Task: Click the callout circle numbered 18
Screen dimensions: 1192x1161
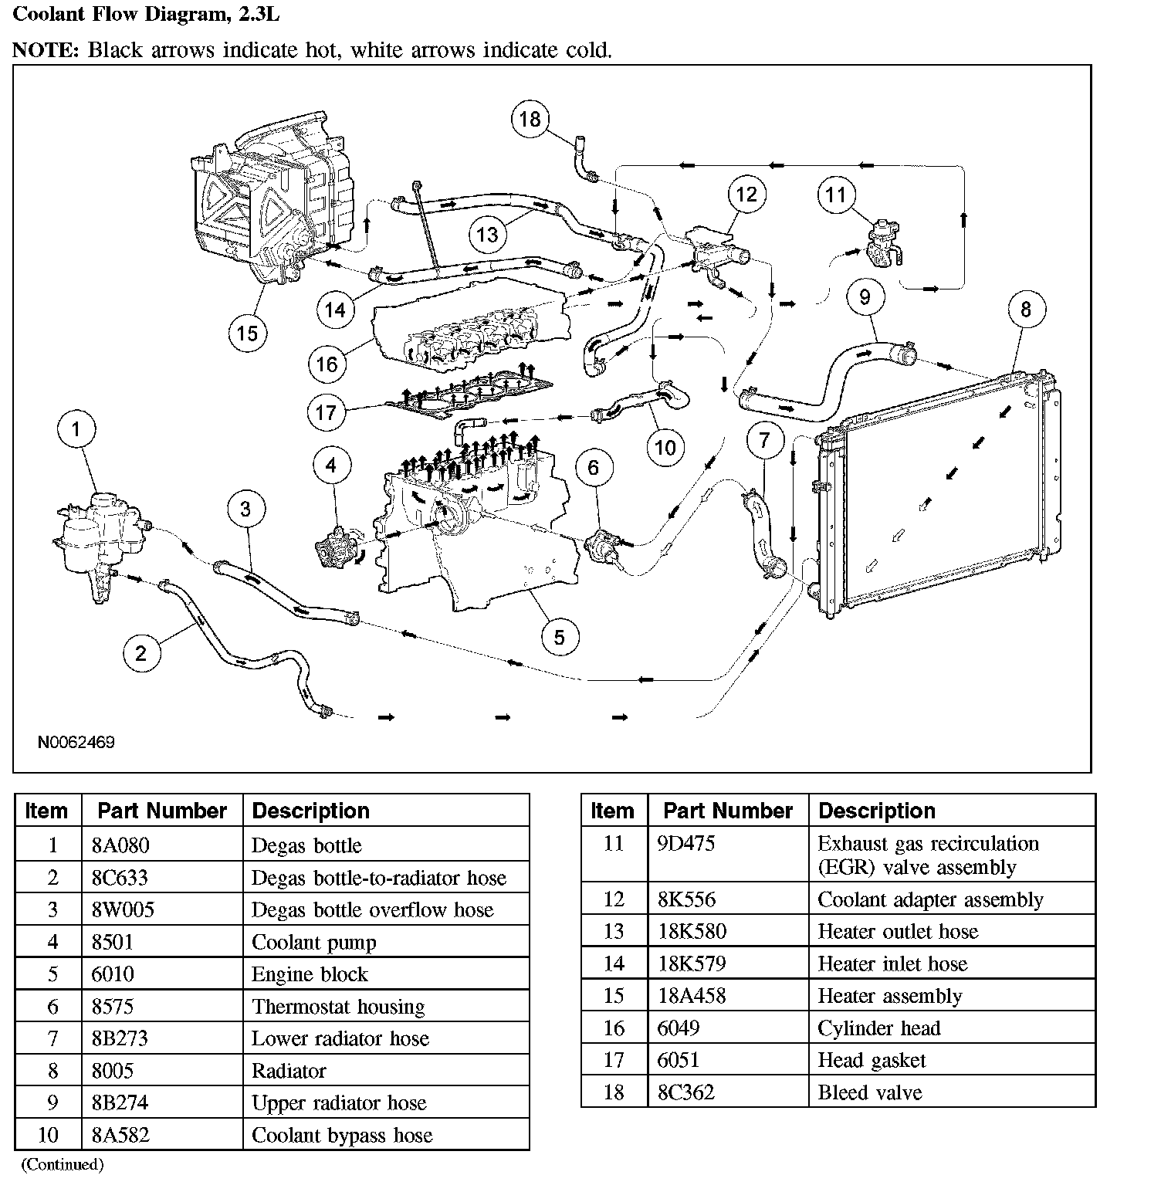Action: click(530, 119)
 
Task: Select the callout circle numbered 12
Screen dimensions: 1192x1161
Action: click(746, 194)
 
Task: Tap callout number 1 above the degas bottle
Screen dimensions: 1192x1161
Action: click(76, 430)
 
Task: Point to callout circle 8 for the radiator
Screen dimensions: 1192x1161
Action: click(1025, 310)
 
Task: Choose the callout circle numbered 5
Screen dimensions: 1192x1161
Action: click(559, 637)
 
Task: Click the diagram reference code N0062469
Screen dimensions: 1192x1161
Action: click(76, 743)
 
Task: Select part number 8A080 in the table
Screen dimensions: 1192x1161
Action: click(120, 845)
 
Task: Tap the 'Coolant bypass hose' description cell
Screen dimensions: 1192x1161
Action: click(342, 1135)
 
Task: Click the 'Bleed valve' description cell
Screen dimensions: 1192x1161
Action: click(870, 1092)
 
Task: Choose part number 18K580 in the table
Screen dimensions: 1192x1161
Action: click(692, 932)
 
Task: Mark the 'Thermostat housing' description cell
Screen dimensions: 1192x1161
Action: click(338, 1007)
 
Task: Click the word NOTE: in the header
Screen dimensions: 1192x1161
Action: click(46, 50)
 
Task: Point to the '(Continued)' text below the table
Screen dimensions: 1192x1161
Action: click(62, 1164)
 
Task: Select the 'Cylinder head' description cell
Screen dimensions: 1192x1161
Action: click(879, 1028)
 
